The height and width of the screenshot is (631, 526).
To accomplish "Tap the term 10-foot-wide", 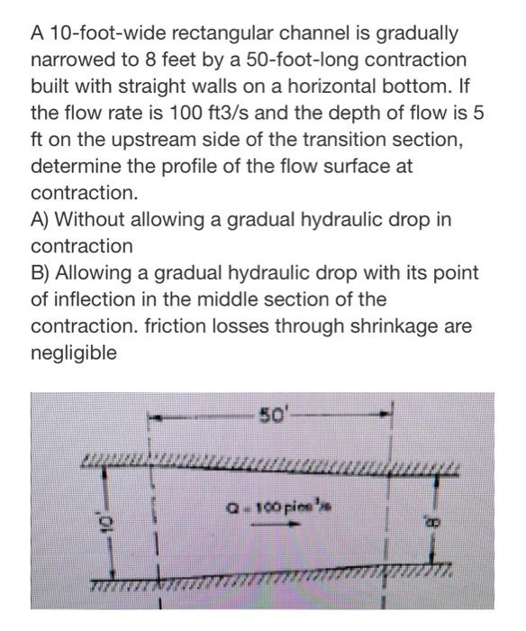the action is (x=95, y=34).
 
